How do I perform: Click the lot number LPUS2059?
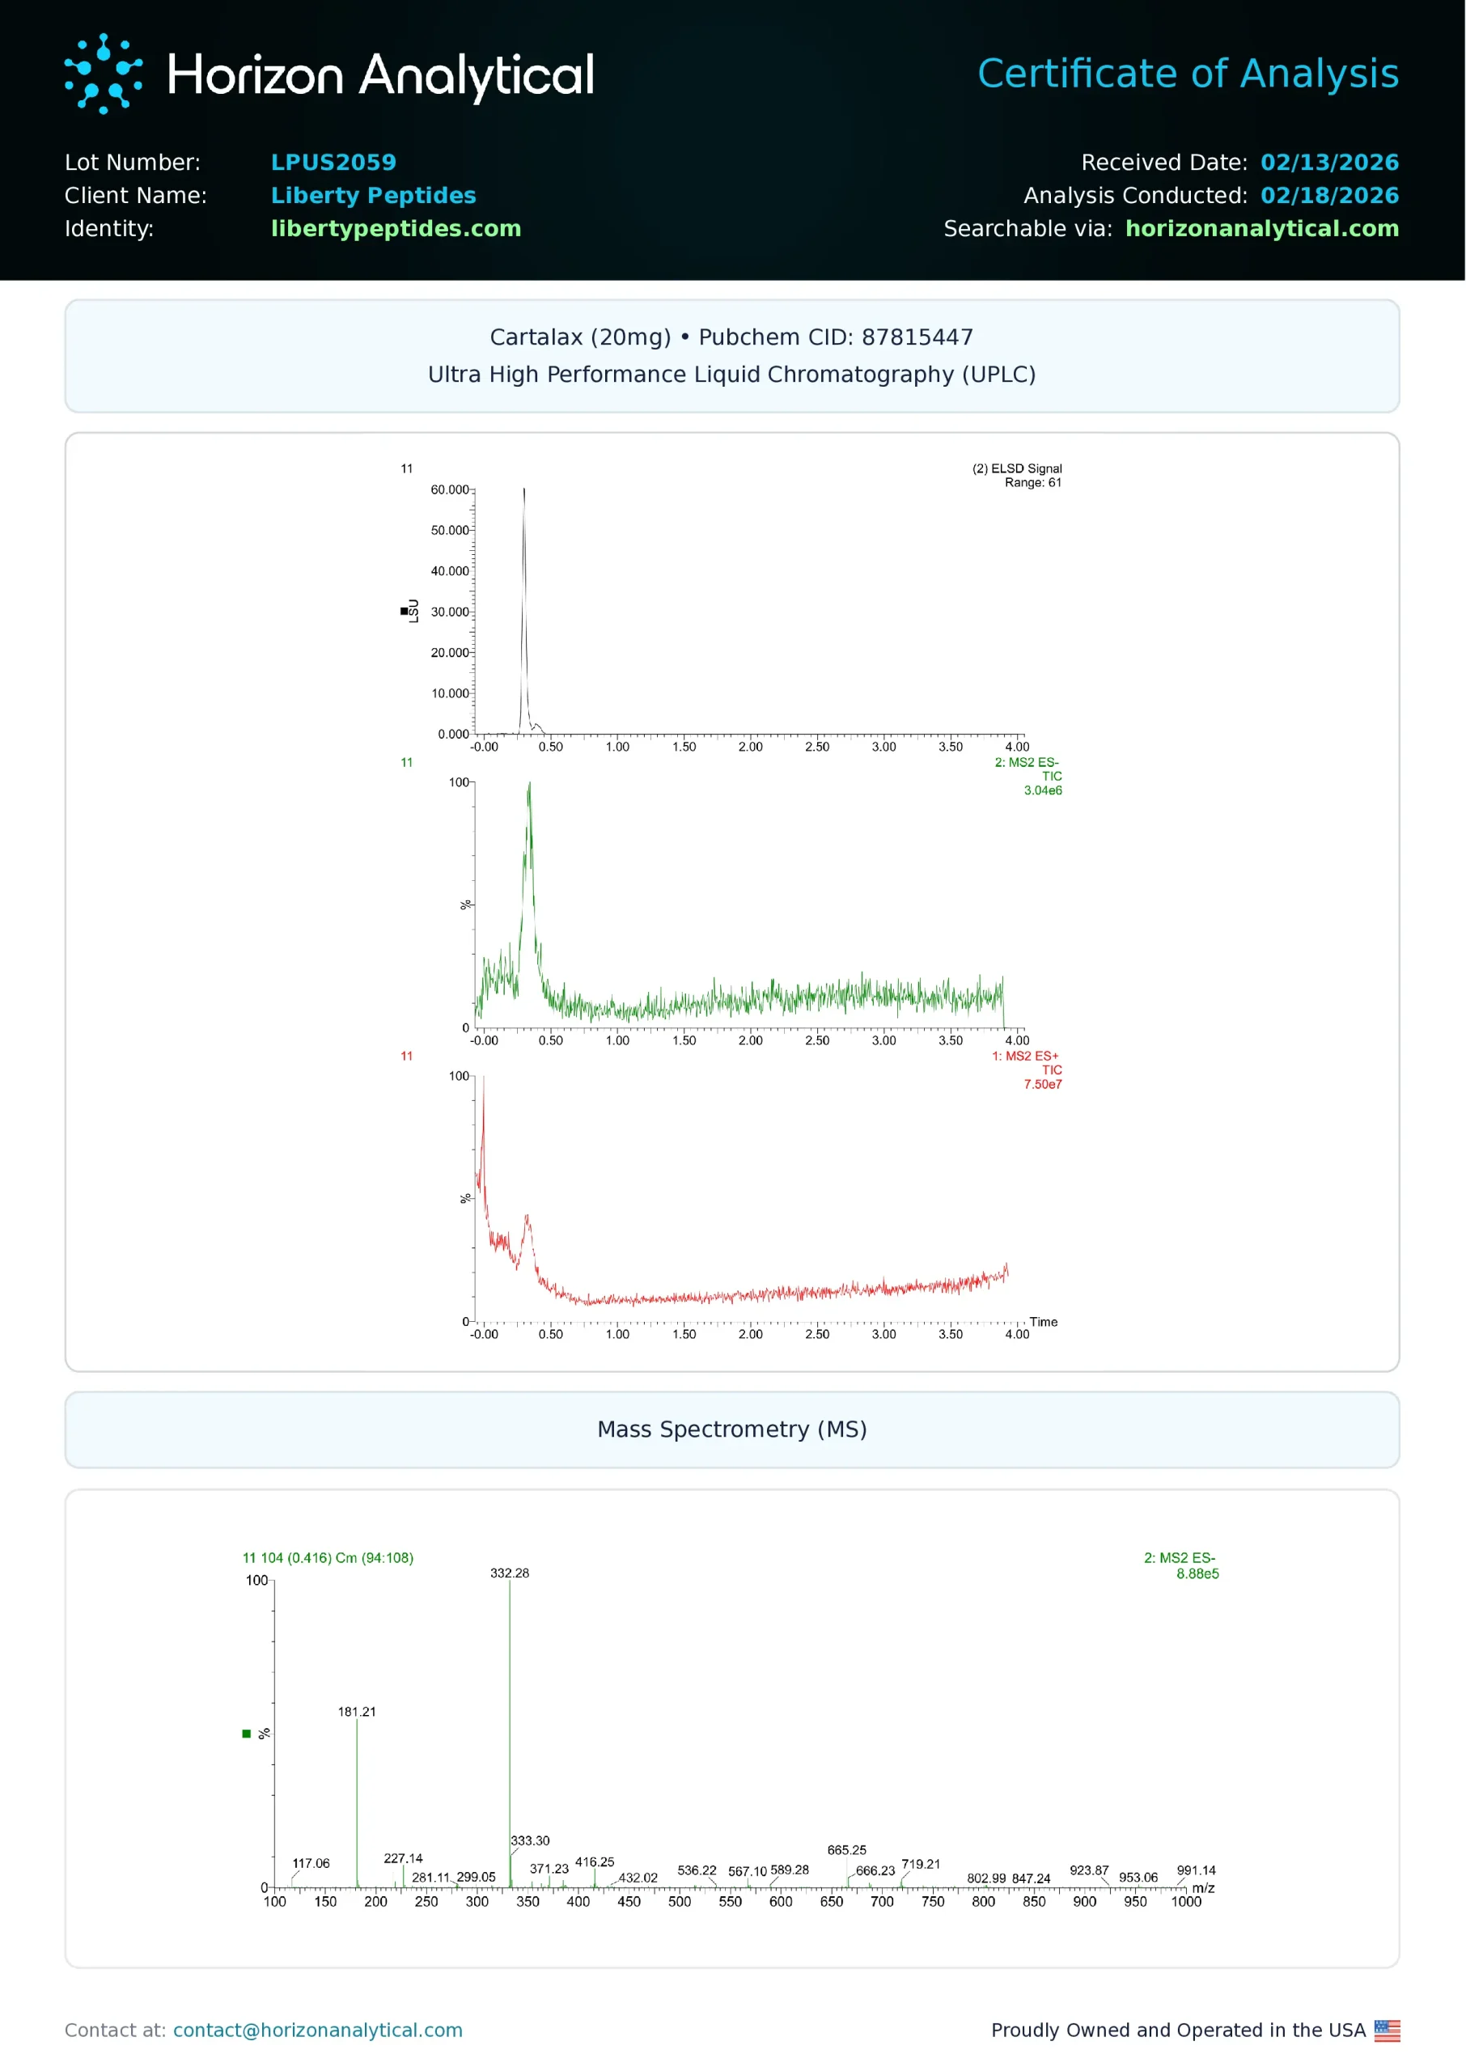(x=333, y=163)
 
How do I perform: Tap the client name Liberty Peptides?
(x=373, y=196)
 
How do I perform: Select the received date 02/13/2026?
(x=1328, y=163)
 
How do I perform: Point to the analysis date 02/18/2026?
(x=1328, y=196)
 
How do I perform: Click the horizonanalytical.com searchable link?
(x=1261, y=229)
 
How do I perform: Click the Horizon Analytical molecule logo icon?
(x=103, y=74)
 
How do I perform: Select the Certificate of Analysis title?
(x=1187, y=74)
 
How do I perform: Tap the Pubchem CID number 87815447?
(x=917, y=337)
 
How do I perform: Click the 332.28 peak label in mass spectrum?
(x=509, y=1573)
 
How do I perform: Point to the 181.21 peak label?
(x=357, y=1712)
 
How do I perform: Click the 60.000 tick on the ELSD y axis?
(x=450, y=490)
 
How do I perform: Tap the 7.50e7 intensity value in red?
(x=1042, y=1085)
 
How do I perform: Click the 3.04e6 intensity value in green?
(x=1042, y=790)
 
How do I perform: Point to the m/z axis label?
(x=1202, y=1888)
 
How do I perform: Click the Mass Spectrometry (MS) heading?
(x=732, y=1429)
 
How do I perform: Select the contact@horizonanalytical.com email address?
(x=318, y=2031)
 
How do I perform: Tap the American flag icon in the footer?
(x=1387, y=2031)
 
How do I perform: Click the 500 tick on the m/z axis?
(x=679, y=1901)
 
